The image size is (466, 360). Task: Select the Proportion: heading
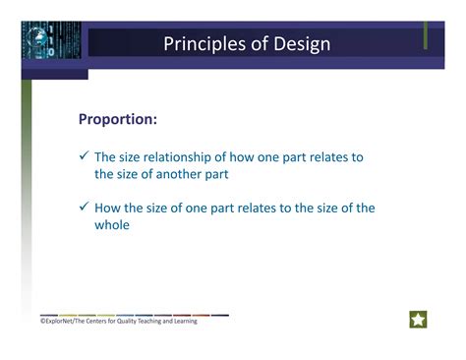pos(118,119)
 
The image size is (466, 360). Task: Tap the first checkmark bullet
pos(85,156)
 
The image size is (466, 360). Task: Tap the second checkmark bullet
pos(85,208)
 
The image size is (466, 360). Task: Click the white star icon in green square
pos(418,320)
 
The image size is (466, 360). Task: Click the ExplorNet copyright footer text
pos(113,321)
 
